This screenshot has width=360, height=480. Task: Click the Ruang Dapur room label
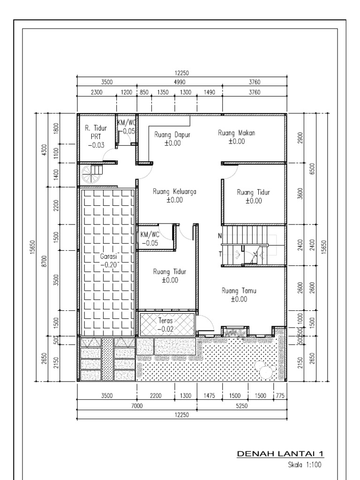pyautogui.click(x=172, y=135)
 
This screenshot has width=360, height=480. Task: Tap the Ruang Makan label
pyautogui.click(x=237, y=133)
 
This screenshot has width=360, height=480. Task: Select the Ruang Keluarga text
pyautogui.click(x=174, y=192)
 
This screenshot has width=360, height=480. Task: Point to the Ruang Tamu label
pyautogui.click(x=239, y=291)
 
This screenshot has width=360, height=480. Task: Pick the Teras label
pyautogui.click(x=165, y=322)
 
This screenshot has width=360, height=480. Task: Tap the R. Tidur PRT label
pyautogui.click(x=96, y=132)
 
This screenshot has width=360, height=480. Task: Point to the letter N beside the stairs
pyautogui.click(x=219, y=235)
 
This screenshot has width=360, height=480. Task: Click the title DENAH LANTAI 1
pyautogui.click(x=281, y=454)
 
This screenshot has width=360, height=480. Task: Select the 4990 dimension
pyautogui.click(x=180, y=82)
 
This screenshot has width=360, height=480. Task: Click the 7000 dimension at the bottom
pyautogui.click(x=136, y=406)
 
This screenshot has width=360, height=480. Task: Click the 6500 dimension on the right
pyautogui.click(x=311, y=168)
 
